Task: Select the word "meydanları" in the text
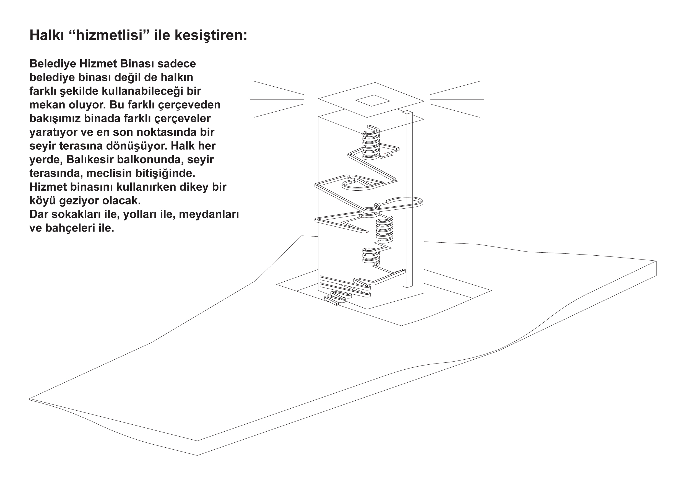209,215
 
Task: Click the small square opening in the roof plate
373,100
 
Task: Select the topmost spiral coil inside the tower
371,142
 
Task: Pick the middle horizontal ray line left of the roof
277,99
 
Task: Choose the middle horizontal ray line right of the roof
457,99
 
